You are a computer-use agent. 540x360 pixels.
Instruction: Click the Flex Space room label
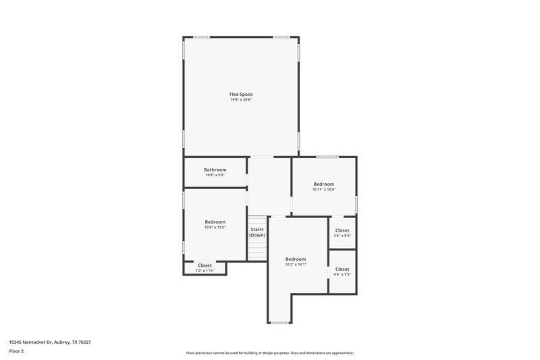click(241, 94)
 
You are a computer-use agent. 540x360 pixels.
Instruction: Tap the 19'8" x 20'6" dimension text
click(241, 100)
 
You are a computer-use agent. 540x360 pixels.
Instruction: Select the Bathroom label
click(215, 170)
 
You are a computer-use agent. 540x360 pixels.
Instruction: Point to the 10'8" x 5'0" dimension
click(215, 176)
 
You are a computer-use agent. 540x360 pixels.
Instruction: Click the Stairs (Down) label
click(257, 232)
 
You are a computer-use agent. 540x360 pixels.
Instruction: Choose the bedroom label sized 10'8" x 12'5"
click(215, 222)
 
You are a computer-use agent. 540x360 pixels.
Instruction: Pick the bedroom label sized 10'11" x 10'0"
click(323, 184)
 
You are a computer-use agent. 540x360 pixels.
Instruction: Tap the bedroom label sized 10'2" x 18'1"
click(296, 259)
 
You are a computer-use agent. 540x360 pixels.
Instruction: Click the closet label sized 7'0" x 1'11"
click(205, 265)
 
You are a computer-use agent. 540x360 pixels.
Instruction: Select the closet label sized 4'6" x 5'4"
click(342, 230)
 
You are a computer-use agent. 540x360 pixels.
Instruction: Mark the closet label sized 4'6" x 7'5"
click(342, 269)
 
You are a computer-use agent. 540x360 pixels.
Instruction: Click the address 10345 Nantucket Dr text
click(50, 342)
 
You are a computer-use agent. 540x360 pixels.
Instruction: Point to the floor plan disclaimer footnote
click(270, 353)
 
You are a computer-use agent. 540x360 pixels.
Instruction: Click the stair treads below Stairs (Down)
click(257, 249)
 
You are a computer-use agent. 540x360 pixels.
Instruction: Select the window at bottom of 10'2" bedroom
click(279, 323)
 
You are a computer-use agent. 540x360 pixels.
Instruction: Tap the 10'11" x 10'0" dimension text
click(323, 190)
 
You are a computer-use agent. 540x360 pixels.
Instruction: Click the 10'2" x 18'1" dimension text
click(296, 265)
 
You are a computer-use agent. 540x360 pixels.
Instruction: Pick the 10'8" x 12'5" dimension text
click(215, 228)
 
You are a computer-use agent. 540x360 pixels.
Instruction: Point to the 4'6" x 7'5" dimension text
click(342, 275)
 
